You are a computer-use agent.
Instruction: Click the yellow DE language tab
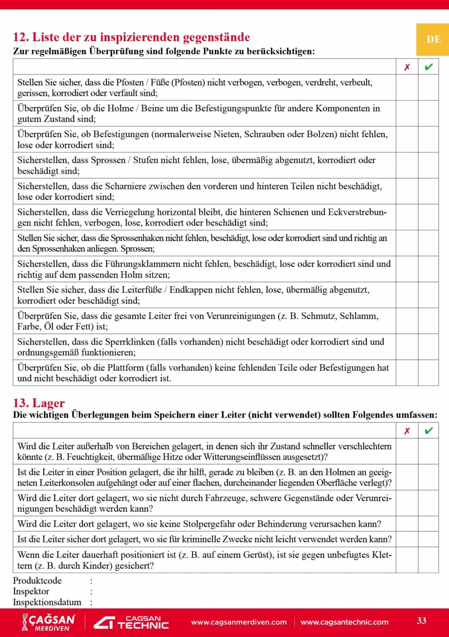pos(433,39)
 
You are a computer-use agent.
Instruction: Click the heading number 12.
pos(21,37)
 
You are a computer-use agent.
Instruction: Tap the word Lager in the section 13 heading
pos(49,403)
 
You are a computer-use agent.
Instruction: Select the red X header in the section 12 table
pos(407,67)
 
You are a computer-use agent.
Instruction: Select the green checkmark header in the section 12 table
pos(429,67)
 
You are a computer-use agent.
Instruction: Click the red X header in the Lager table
pos(407,431)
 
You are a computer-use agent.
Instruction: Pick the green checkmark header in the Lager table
pos(429,431)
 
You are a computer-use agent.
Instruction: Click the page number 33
pos(422,620)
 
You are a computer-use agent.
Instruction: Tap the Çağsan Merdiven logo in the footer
pos(49,622)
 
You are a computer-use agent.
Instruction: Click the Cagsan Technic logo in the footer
pos(131,622)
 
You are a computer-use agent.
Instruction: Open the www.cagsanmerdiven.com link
pos(239,622)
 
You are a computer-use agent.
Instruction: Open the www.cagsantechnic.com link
pos(345,622)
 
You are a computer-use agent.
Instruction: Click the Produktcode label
pos(37,581)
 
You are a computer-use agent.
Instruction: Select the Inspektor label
pos(31,591)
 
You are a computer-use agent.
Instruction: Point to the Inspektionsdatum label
pos(47,602)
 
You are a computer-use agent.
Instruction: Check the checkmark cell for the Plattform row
pos(428,373)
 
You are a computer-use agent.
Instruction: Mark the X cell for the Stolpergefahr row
pos(407,524)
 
